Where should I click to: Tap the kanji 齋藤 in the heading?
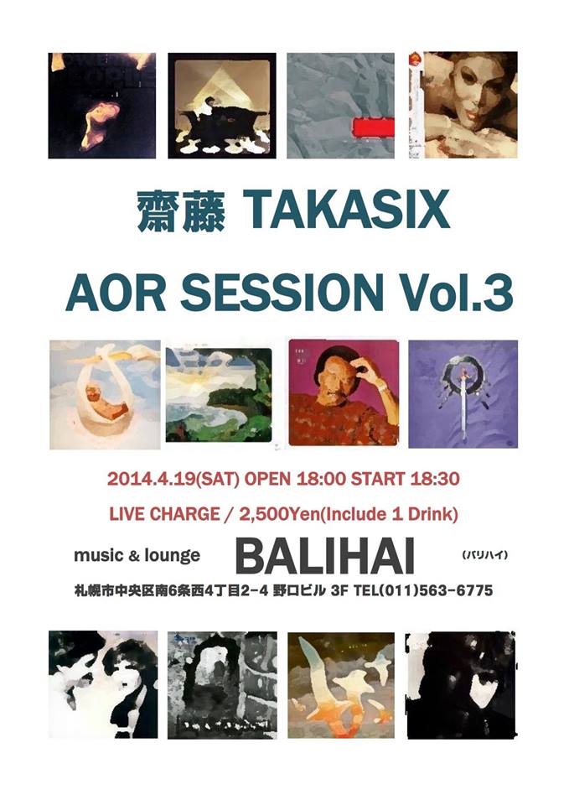click(x=181, y=211)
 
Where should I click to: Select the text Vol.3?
click(x=452, y=291)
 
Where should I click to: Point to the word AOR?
click(x=116, y=292)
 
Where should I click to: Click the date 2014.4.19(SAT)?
click(x=174, y=479)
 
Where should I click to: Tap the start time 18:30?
click(x=435, y=479)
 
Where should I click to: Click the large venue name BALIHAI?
click(x=325, y=558)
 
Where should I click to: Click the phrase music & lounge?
click(x=137, y=555)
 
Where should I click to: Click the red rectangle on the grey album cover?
click(x=373, y=127)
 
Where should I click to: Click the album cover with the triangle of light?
click(x=221, y=106)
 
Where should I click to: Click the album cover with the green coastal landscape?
click(x=219, y=394)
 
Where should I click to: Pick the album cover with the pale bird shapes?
click(x=341, y=685)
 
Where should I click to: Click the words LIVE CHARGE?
click(x=164, y=514)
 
